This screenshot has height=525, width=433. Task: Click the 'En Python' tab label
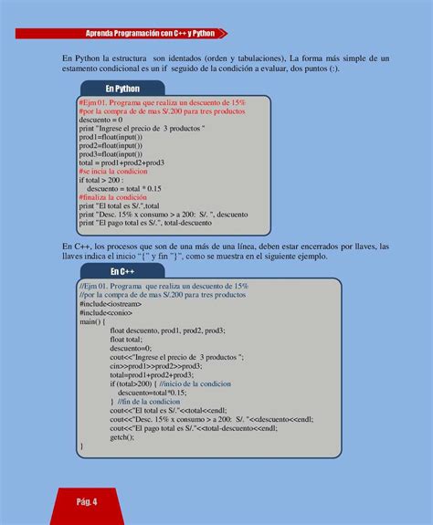point(121,89)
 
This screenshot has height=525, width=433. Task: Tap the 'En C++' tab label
point(121,271)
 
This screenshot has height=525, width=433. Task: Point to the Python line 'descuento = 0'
point(100,121)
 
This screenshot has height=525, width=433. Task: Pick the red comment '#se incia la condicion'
point(113,171)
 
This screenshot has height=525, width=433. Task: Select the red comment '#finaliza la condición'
point(112,196)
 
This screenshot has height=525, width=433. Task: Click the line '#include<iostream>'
point(109,312)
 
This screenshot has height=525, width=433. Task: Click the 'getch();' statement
point(122,437)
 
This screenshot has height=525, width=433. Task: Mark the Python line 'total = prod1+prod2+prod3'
point(121,163)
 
